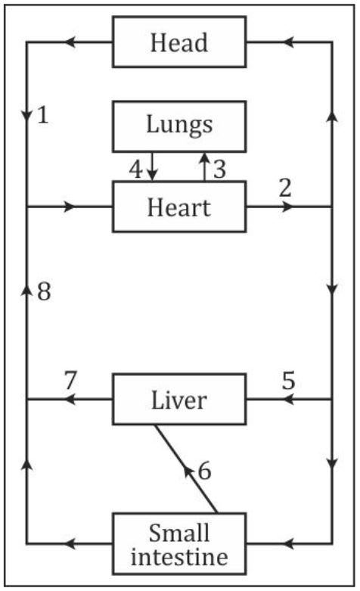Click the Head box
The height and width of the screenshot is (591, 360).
[179, 42]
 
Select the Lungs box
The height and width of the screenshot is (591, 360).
[179, 124]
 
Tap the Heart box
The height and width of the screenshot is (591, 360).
[179, 206]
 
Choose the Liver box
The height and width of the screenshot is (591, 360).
[179, 399]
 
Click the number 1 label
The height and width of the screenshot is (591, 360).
[43, 116]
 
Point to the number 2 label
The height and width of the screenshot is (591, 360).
[284, 188]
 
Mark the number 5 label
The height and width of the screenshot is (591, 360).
[288, 381]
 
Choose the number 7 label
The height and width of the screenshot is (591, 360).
[70, 381]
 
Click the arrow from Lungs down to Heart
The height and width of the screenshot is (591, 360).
[152, 166]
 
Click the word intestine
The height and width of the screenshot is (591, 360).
[179, 558]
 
